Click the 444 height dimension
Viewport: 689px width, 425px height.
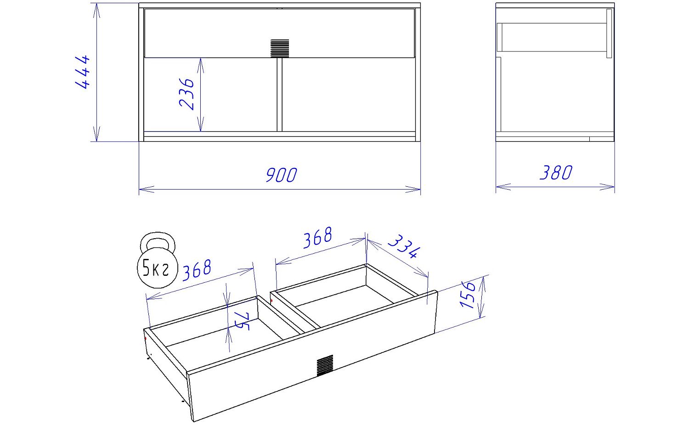[83, 72]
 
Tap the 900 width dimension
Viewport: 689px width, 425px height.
[281, 175]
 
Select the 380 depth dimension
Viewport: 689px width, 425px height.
[556, 173]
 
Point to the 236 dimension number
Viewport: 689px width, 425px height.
[186, 94]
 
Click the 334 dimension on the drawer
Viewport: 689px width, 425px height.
[404, 246]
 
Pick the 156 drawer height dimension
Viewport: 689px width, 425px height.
[468, 294]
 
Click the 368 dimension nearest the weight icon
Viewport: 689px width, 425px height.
[197, 270]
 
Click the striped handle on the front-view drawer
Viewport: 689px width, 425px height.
[280, 48]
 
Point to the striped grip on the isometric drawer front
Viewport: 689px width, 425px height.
[325, 365]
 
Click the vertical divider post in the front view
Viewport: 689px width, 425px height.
[279, 95]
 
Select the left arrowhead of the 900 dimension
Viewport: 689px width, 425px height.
[147, 189]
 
